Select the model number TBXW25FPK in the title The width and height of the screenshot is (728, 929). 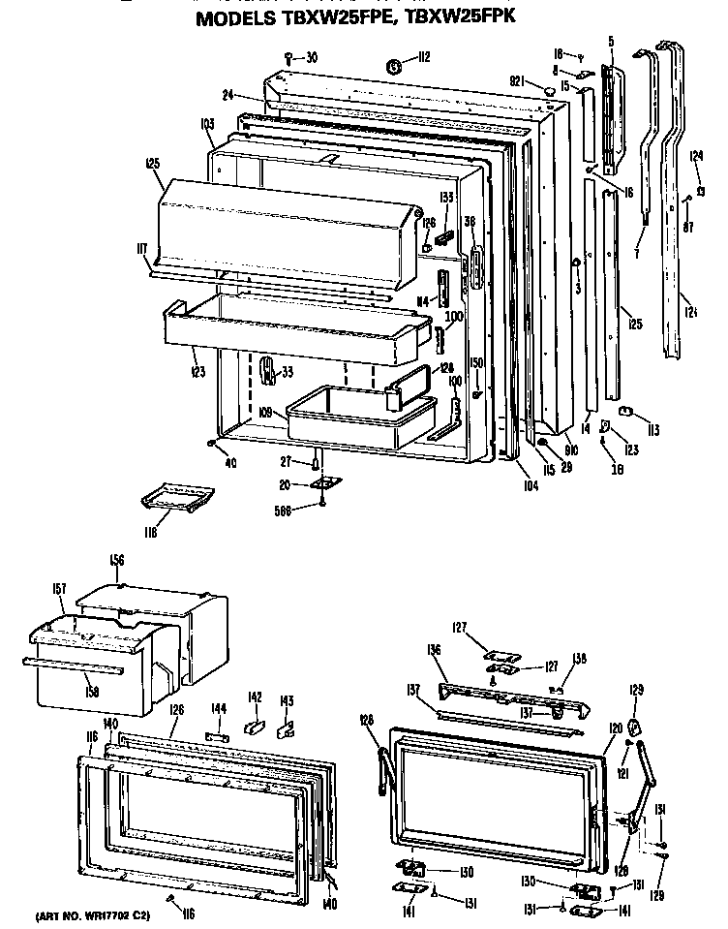pyautogui.click(x=466, y=17)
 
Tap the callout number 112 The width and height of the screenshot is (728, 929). pyautogui.click(x=421, y=58)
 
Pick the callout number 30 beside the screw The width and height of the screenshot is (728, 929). pyautogui.click(x=311, y=57)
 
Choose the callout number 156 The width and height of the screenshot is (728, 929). pyautogui.click(x=116, y=561)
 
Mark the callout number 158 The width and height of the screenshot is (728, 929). pyautogui.click(x=93, y=693)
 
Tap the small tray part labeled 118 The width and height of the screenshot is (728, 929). pyautogui.click(x=176, y=499)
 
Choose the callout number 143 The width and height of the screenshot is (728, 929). pyautogui.click(x=287, y=700)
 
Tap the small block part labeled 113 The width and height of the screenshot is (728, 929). pyautogui.click(x=625, y=413)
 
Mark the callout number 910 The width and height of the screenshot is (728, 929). pyautogui.click(x=570, y=450)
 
